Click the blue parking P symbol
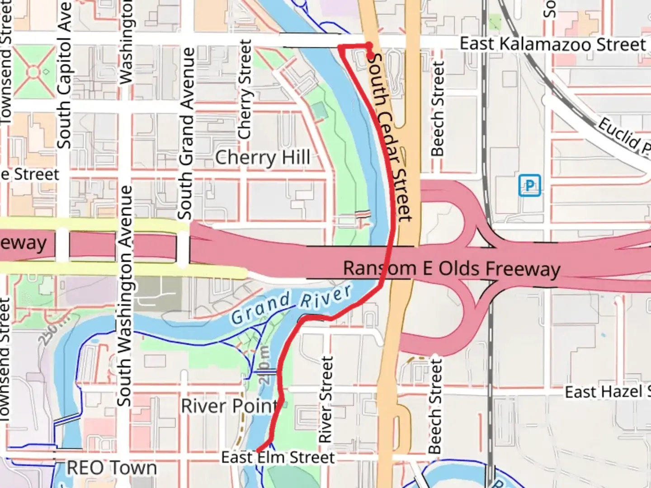[529, 185]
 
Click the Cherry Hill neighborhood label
[263, 158]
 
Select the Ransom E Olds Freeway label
[451, 268]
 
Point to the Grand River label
[291, 305]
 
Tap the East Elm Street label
[278, 457]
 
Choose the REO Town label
[112, 468]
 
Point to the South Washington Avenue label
[125, 296]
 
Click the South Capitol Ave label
[65, 75]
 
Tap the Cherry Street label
[245, 89]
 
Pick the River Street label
[326, 399]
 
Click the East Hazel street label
[606, 392]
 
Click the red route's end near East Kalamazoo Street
[372, 57]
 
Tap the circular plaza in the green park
[34, 72]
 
